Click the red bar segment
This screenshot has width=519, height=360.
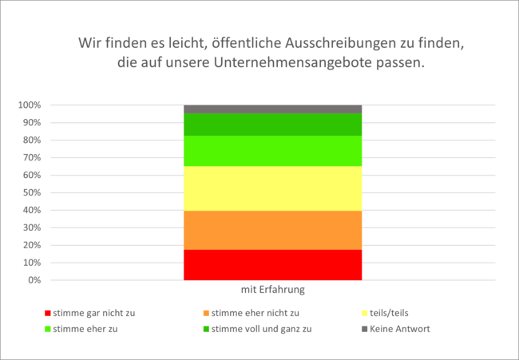[x=272, y=264]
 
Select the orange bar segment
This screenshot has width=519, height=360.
[x=272, y=230]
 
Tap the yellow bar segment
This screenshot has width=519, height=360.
[x=272, y=188]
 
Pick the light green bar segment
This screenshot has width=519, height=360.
[x=272, y=151]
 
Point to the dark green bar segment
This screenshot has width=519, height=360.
[x=272, y=125]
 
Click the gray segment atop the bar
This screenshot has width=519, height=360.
[x=272, y=109]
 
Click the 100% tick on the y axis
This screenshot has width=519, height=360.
[x=29, y=105]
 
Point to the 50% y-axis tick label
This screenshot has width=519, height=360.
[x=30, y=193]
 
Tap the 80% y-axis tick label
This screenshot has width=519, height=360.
[x=30, y=140]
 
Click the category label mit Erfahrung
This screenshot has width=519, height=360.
[x=272, y=290]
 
